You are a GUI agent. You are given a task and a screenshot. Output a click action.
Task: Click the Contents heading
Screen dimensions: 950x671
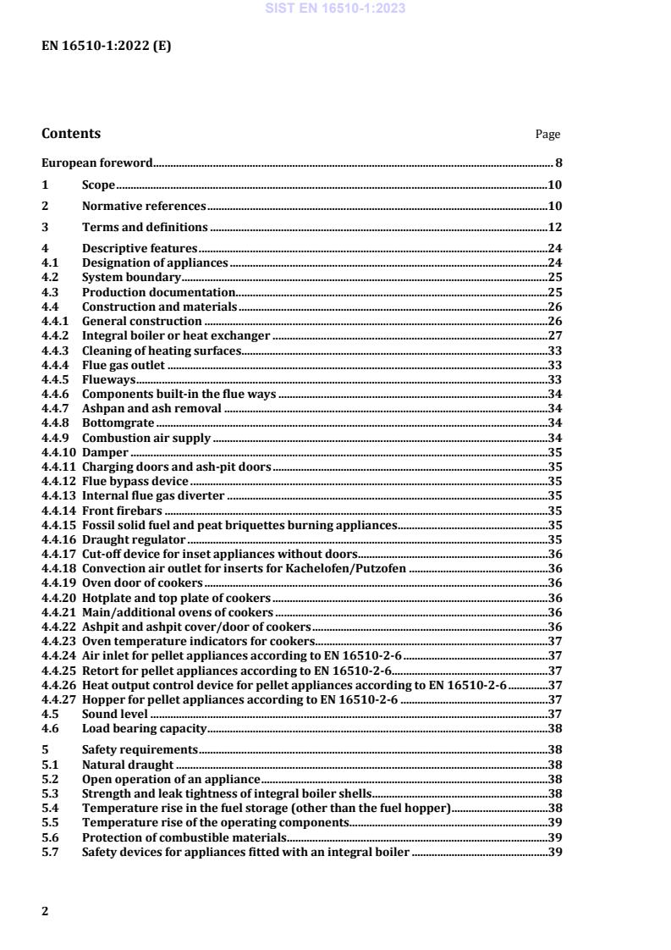click(70, 134)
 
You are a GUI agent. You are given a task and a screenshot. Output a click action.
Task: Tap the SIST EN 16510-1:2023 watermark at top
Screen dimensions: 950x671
click(335, 8)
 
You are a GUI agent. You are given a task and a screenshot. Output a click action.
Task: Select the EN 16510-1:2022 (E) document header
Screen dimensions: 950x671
click(106, 47)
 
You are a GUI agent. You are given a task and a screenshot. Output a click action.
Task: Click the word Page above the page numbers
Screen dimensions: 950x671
click(547, 135)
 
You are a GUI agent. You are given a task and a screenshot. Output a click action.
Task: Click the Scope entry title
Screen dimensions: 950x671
click(98, 185)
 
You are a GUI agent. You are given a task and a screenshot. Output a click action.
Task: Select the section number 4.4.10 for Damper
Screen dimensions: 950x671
click(58, 453)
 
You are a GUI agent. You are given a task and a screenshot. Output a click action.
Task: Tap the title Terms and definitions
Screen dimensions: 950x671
click(145, 227)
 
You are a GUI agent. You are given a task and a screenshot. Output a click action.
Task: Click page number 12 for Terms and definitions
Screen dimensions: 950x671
click(555, 227)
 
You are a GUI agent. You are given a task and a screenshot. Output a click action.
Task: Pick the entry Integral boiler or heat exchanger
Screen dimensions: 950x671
click(176, 335)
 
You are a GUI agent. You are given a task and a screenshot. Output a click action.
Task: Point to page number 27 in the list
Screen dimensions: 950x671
click(555, 335)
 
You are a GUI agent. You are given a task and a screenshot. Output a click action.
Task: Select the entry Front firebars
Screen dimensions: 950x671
click(122, 511)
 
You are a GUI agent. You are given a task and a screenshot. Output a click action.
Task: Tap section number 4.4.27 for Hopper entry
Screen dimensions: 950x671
click(58, 701)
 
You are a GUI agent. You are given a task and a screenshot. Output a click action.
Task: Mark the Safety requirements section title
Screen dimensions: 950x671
click(140, 749)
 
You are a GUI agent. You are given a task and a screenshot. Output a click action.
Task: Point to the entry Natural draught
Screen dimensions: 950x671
click(128, 765)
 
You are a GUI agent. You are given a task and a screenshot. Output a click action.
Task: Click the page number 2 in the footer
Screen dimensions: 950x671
click(45, 911)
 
